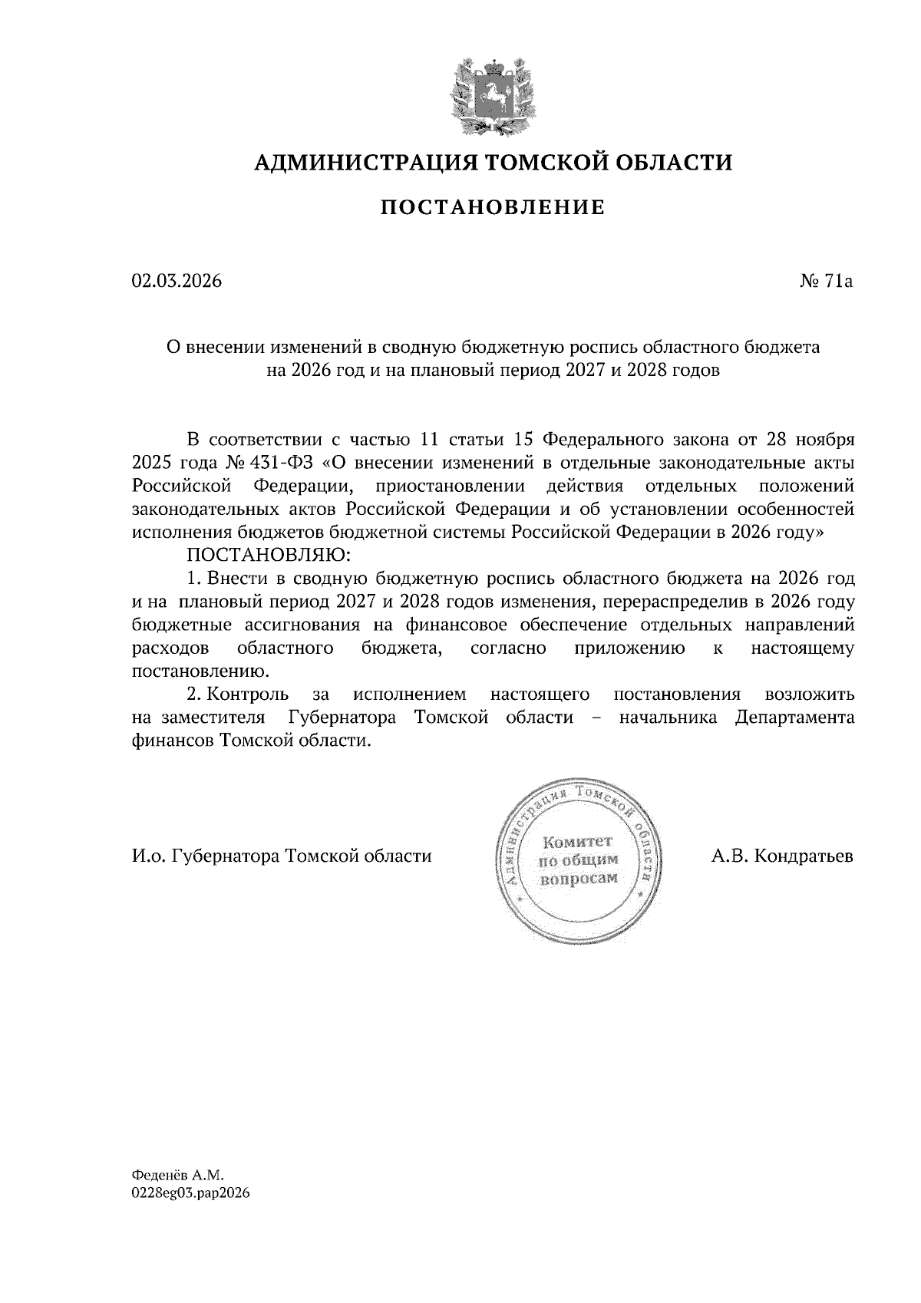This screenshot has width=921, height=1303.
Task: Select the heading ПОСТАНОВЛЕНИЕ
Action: tap(493, 207)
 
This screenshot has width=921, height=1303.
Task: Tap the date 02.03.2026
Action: tap(177, 282)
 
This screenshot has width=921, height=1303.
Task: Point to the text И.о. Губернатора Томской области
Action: tap(282, 856)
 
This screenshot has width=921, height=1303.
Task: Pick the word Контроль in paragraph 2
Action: tap(248, 695)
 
